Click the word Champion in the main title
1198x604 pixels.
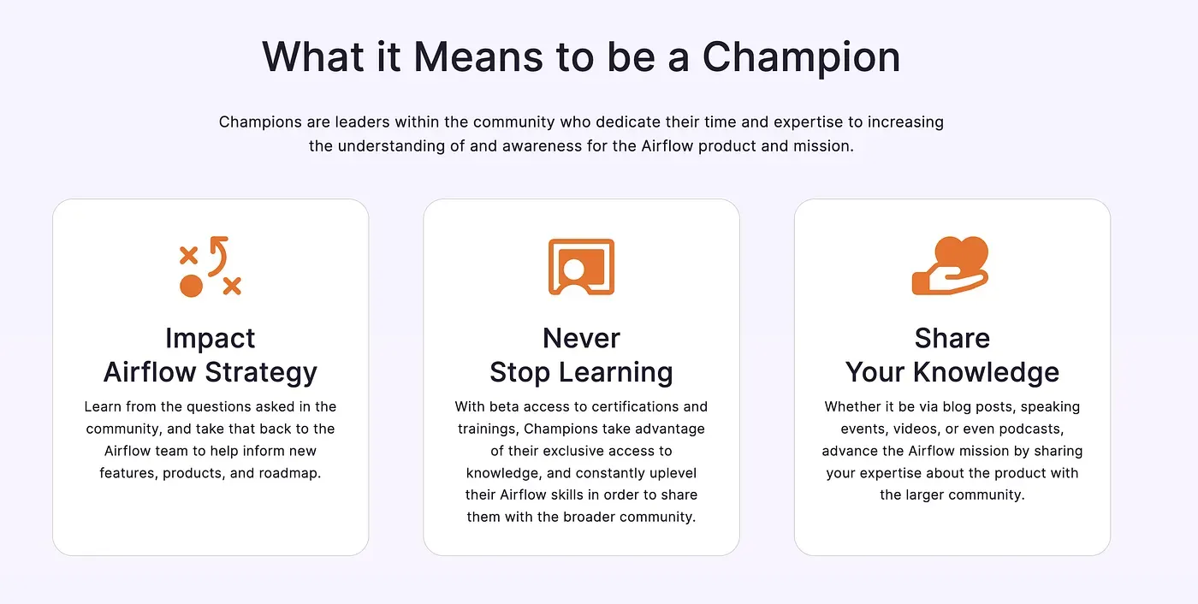tap(801, 57)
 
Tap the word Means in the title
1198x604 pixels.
tap(477, 57)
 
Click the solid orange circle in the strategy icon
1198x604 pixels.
tap(191, 286)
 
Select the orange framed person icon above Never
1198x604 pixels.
tap(581, 267)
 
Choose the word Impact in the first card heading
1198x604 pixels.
tap(210, 338)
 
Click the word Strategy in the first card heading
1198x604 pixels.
tap(264, 372)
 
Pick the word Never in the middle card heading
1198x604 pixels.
tap(581, 338)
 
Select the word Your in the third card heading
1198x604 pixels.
tap(875, 372)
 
